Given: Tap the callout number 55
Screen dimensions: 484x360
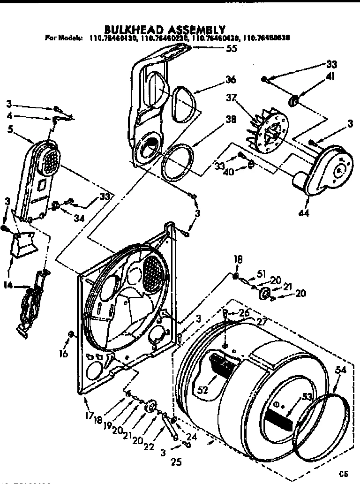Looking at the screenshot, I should (x=232, y=49).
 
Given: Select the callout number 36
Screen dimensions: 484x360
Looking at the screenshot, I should (x=230, y=80).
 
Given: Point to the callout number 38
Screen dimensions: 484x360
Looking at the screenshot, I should (x=230, y=119).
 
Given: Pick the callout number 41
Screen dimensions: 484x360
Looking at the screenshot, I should (x=331, y=77).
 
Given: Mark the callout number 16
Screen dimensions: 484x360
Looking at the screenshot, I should (x=64, y=353).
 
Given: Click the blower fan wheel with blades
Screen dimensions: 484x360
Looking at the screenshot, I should (x=265, y=129).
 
